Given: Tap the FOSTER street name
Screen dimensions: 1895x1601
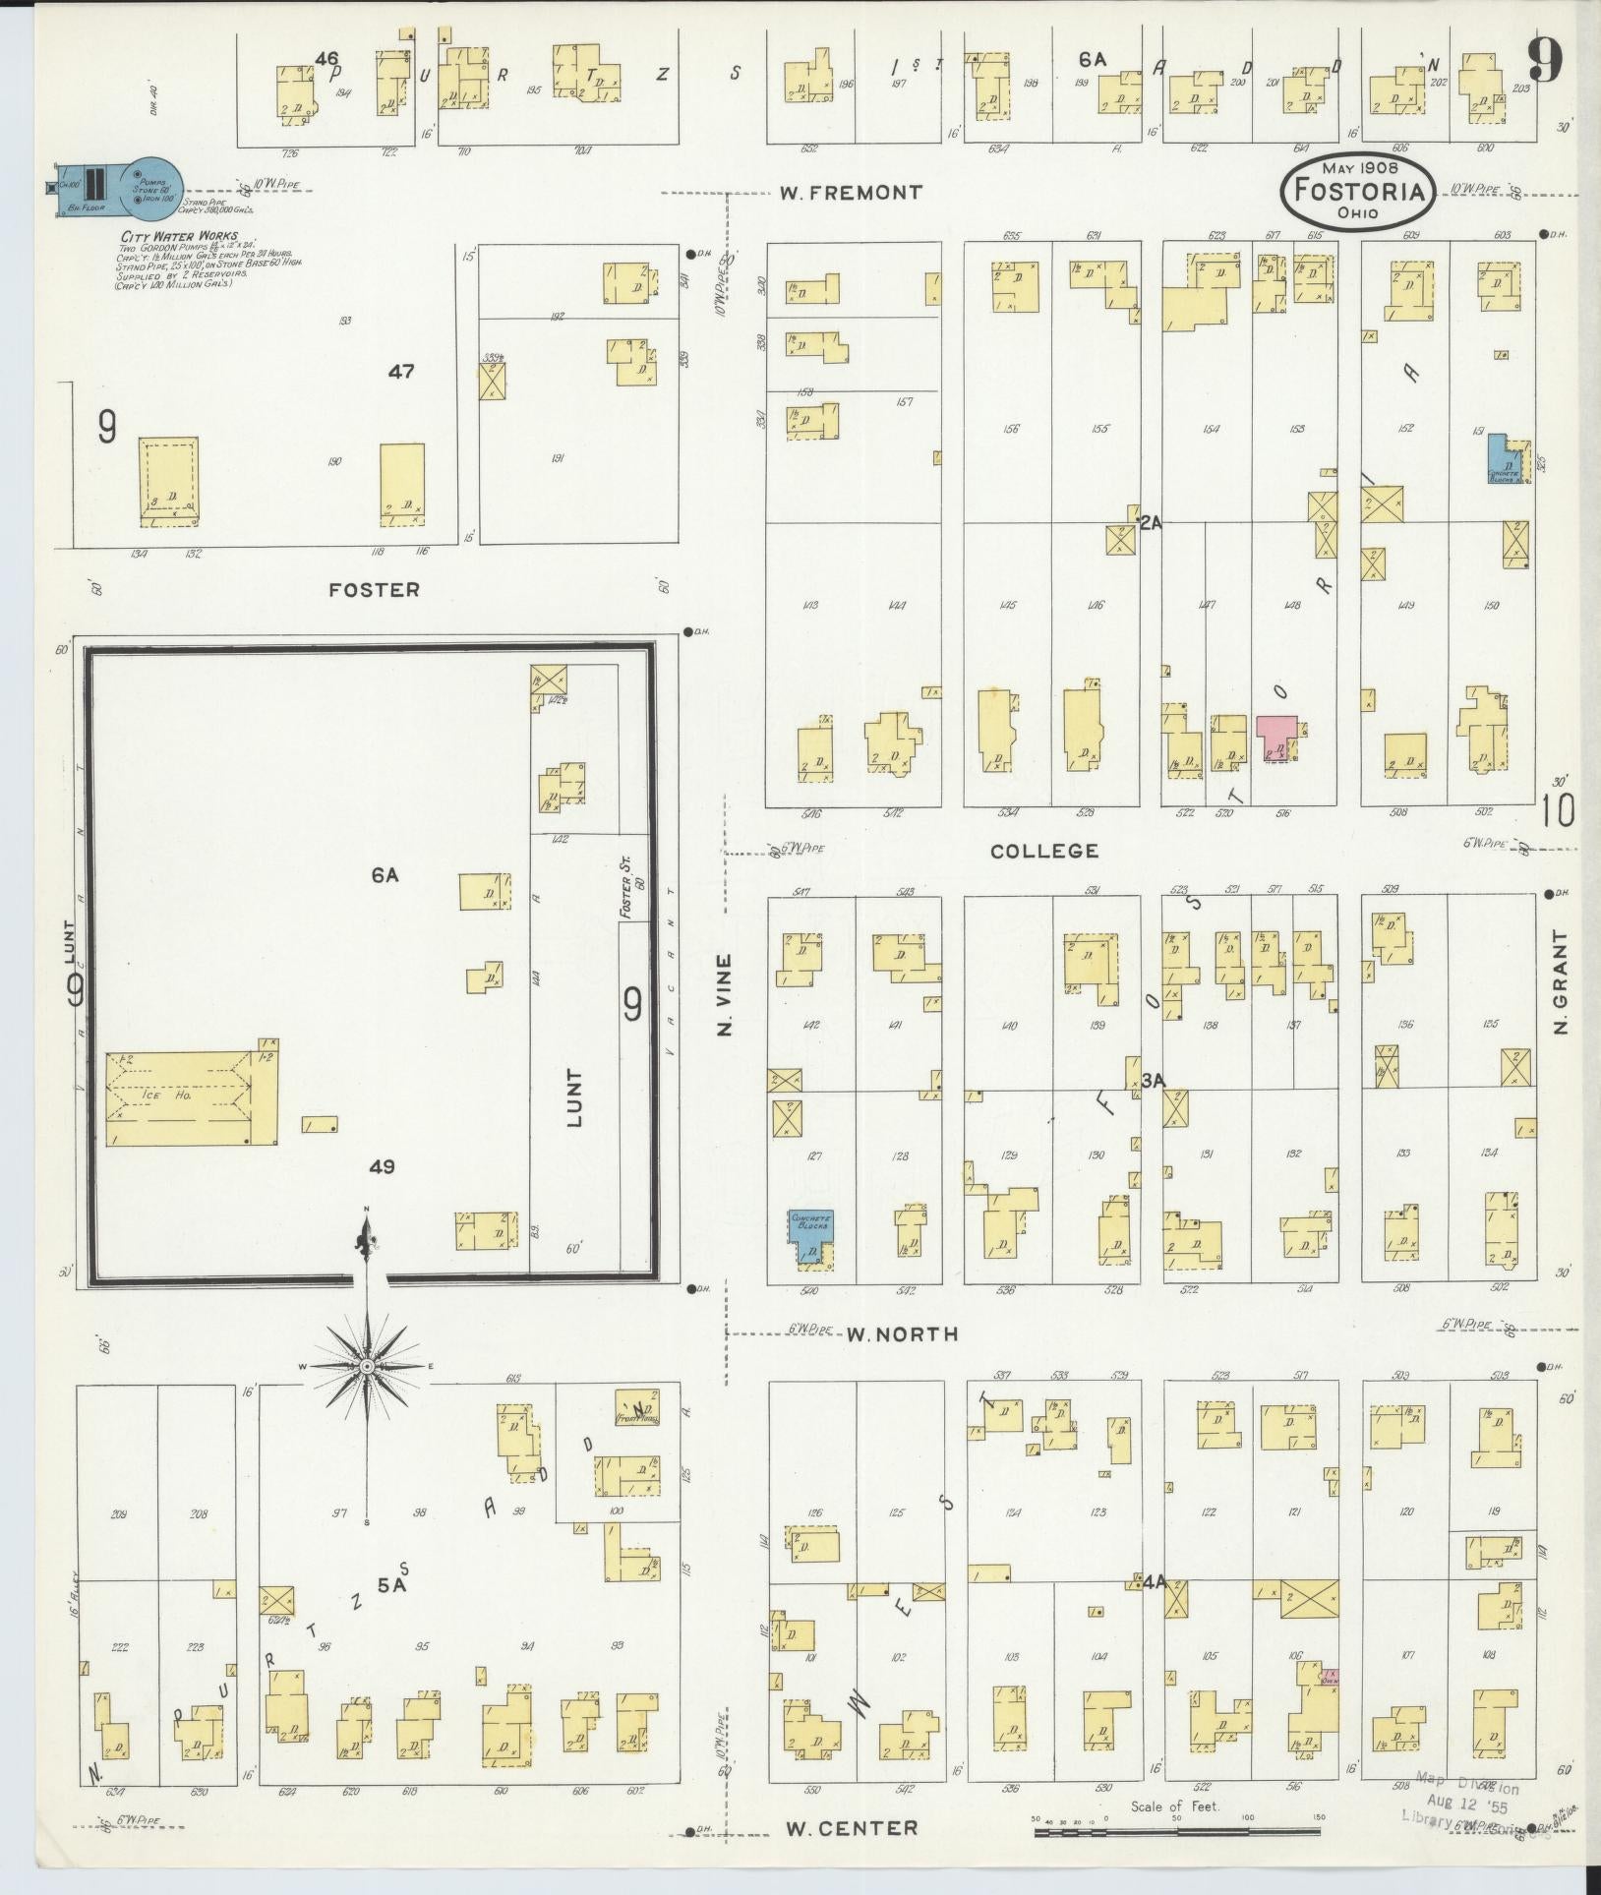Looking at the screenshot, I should tap(374, 590).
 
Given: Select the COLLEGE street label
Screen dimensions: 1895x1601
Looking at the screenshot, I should tap(1043, 851).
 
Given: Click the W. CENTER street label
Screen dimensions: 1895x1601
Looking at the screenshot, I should tap(852, 1828).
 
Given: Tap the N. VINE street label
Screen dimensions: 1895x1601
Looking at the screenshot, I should tap(726, 994).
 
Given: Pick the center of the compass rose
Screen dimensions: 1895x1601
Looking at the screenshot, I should tap(366, 1367).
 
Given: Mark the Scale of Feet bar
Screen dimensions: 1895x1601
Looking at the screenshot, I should tap(1176, 1831).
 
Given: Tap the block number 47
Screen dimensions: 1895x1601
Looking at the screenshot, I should tap(400, 372).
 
